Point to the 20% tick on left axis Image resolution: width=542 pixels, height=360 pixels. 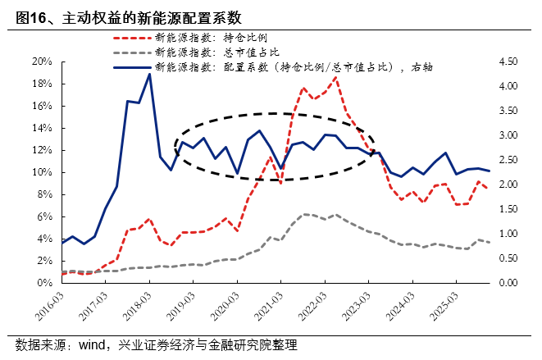click(42, 62)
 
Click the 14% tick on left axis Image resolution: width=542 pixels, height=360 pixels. click(42, 128)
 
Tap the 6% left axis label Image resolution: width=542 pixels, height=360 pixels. click(44, 216)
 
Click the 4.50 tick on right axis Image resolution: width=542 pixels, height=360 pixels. click(509, 62)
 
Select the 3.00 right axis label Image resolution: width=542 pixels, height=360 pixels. click(509, 135)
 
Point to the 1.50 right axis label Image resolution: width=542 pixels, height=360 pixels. click(509, 209)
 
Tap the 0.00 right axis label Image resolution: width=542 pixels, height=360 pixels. click(509, 283)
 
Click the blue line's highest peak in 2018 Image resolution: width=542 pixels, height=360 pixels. click(149, 74)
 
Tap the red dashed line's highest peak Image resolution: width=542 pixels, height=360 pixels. click(335, 77)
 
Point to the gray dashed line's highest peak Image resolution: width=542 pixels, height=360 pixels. click(304, 214)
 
